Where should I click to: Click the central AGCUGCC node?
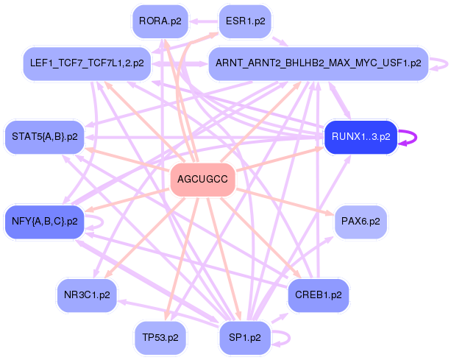click(202, 179)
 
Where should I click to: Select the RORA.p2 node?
click(160, 21)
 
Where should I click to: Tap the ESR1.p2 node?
click(246, 21)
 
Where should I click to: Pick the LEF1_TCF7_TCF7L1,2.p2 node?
click(88, 63)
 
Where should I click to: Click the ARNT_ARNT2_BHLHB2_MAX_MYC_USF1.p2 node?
click(318, 63)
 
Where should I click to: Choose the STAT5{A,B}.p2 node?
click(45, 136)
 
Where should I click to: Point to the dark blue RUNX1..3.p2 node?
click(361, 136)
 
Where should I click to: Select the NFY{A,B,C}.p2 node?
click(45, 220)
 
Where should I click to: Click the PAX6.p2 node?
click(361, 220)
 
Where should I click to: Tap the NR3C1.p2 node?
click(87, 294)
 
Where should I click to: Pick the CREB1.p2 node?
click(318, 294)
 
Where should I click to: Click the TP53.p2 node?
click(160, 337)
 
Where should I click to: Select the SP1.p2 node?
click(246, 337)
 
